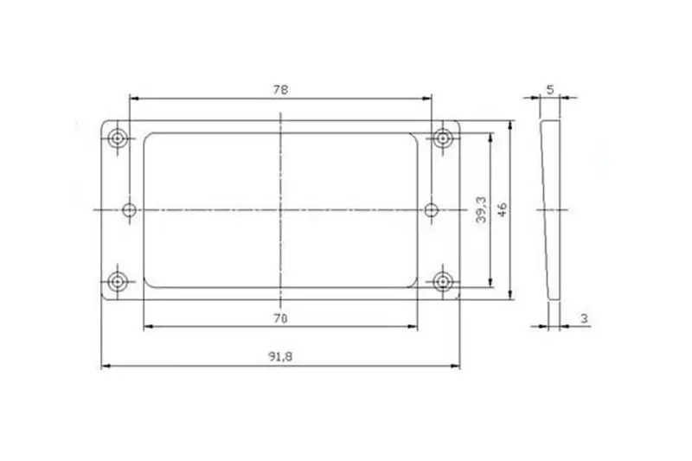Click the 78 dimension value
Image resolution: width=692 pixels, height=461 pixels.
tap(280, 90)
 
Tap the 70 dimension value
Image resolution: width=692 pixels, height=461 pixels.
tap(280, 317)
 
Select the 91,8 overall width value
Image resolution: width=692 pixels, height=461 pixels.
tap(280, 356)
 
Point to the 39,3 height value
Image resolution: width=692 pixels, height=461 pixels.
tap(482, 209)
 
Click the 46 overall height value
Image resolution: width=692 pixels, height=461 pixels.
tap(503, 209)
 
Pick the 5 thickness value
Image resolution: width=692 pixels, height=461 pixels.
tap(550, 90)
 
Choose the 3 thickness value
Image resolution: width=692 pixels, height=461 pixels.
tap(585, 317)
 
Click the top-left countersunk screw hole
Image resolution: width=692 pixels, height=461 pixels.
tap(118, 139)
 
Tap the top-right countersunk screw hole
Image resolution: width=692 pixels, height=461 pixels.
tap(443, 139)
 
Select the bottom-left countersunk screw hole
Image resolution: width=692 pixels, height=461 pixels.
tap(118, 281)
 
